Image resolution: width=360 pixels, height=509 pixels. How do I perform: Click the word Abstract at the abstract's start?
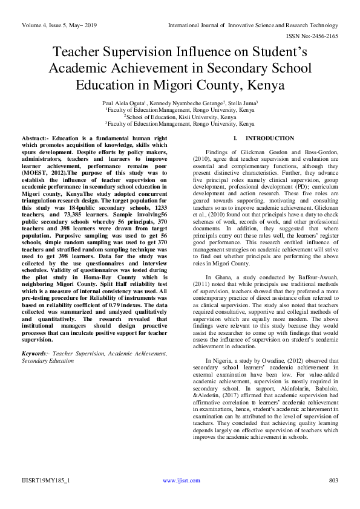[x=34, y=139]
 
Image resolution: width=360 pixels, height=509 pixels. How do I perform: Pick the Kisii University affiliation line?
[x=180, y=117]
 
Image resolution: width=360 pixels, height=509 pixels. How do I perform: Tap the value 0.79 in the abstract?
[x=118, y=292]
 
